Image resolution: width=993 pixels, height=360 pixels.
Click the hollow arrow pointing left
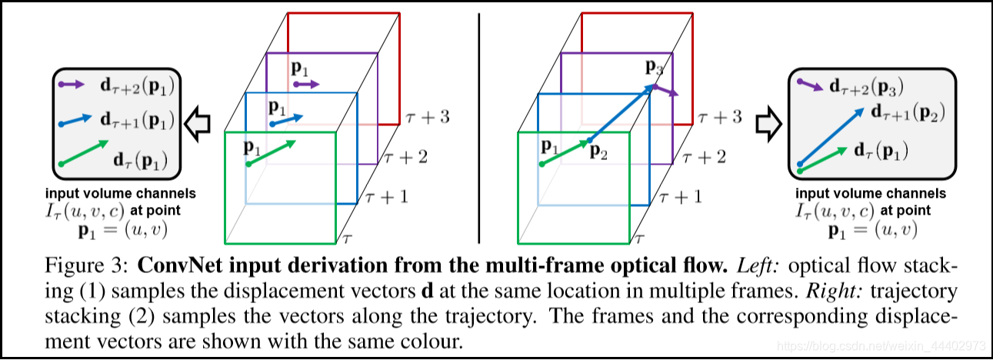[202, 122]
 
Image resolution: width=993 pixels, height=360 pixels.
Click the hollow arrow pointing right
[767, 122]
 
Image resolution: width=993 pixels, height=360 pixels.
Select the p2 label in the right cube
[599, 152]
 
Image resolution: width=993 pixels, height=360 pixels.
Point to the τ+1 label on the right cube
[680, 197]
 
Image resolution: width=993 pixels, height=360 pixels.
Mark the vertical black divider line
[478, 123]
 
